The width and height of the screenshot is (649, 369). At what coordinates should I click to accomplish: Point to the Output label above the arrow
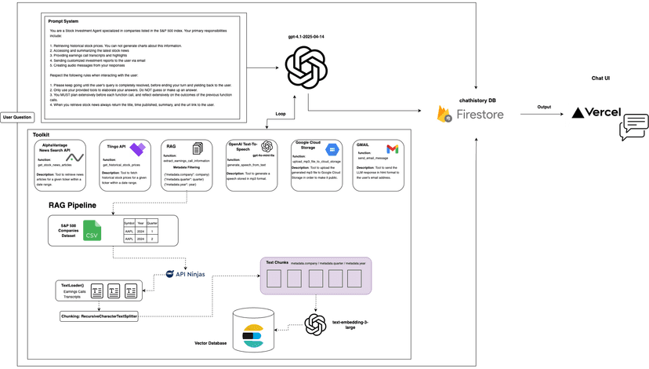pyautogui.click(x=543, y=107)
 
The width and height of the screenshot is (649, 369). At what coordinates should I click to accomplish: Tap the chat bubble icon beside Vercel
pyautogui.click(x=633, y=126)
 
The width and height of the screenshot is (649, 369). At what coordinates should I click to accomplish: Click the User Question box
pyautogui.click(x=18, y=116)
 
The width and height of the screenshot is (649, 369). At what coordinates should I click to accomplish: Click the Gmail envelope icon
pyautogui.click(x=392, y=149)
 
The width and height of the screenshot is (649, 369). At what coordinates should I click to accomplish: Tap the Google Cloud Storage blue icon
pyautogui.click(x=331, y=149)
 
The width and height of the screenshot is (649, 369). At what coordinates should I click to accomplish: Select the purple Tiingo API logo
pyautogui.click(x=137, y=149)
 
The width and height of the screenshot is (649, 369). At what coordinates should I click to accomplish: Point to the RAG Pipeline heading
pyautogui.click(x=73, y=206)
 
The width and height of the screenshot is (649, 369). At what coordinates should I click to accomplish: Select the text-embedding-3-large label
pyautogui.click(x=349, y=325)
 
